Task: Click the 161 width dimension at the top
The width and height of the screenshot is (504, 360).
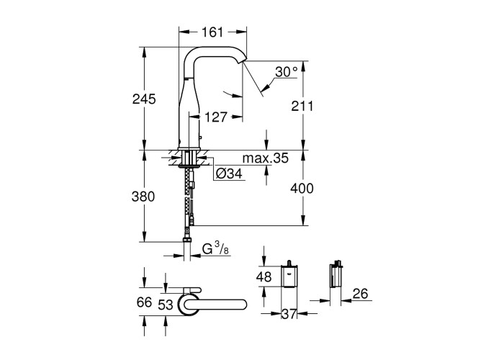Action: coord(212,32)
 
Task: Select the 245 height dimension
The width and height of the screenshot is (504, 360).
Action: coord(144,99)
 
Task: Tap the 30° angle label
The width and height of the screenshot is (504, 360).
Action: coord(287,72)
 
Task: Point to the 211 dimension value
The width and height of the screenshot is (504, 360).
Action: coord(302,106)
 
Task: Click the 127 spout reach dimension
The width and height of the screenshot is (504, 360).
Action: coord(216,117)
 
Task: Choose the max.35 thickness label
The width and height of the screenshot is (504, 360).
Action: coord(265,158)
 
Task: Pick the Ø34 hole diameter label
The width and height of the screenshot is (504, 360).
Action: coord(229,174)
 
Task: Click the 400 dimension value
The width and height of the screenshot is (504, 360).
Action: coord(302,189)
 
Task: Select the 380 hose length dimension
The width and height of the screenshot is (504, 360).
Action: coord(143,197)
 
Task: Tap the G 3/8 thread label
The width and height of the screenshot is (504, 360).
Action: coord(216,249)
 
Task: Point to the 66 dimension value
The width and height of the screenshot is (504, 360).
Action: coord(144,302)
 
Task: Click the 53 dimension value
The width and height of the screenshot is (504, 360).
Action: coord(166,305)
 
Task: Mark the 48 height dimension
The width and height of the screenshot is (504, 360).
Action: coord(264,276)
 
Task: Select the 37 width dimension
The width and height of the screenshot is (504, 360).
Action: coord(289,314)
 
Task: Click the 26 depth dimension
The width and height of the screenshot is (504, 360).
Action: coord(360,294)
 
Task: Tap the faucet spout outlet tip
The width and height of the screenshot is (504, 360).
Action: coord(244,60)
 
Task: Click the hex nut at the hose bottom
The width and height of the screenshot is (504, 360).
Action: coord(186,240)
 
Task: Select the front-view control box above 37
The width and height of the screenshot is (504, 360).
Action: coord(289,275)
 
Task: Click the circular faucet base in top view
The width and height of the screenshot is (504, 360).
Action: coord(188,304)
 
